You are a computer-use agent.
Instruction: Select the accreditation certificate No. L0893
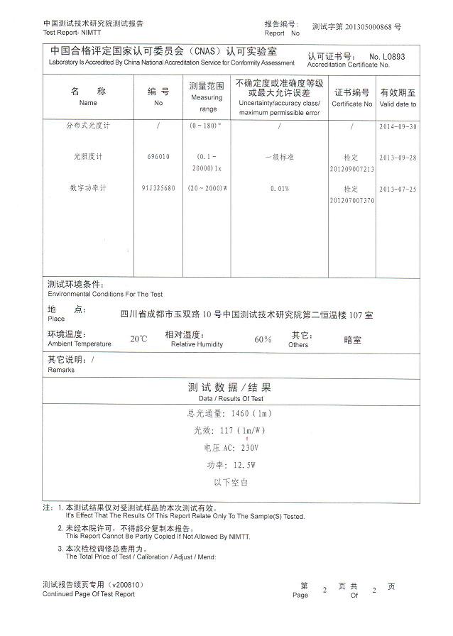pyautogui.click(x=387, y=56)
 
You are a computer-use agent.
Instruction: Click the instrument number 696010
pyautogui.click(x=158, y=157)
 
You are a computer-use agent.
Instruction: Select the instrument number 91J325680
pyautogui.click(x=158, y=189)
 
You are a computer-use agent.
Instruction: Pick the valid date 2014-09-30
pyautogui.click(x=398, y=126)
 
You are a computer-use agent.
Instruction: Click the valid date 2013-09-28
pyautogui.click(x=398, y=157)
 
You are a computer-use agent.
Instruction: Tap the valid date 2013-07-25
pyautogui.click(x=398, y=189)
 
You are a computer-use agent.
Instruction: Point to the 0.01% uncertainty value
pyautogui.click(x=279, y=189)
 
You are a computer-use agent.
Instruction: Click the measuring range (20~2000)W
pyautogui.click(x=208, y=189)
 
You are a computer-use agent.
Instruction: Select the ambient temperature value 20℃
pyautogui.click(x=138, y=339)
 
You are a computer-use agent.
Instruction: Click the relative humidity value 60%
pyautogui.click(x=263, y=339)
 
